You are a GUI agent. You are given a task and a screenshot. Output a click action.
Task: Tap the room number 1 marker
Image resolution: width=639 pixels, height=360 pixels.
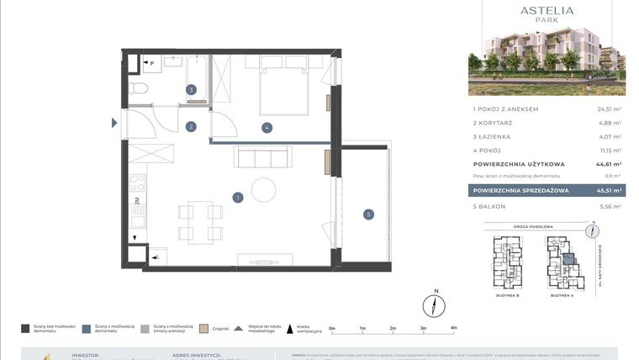(x=238, y=198)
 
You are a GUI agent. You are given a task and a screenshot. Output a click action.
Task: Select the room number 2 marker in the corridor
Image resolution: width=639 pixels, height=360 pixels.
(x=191, y=127)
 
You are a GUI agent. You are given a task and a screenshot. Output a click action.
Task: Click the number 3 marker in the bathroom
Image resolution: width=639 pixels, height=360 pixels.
(x=191, y=89)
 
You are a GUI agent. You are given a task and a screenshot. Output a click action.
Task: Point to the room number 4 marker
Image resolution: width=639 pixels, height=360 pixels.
(x=266, y=128)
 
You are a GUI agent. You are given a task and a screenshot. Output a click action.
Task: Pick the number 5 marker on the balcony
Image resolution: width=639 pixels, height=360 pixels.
(x=367, y=214)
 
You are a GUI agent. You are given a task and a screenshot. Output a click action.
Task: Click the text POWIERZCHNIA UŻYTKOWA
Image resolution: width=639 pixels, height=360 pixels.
(x=519, y=164)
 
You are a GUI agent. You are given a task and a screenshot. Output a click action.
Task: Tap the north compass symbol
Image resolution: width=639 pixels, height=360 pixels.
(x=436, y=304)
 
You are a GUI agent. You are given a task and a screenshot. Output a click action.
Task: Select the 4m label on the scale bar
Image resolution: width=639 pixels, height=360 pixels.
(x=453, y=328)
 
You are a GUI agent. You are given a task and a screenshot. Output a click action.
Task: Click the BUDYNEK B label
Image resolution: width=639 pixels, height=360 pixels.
(x=506, y=296)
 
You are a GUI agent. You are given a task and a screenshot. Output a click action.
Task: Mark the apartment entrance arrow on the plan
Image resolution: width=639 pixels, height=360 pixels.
(x=115, y=124)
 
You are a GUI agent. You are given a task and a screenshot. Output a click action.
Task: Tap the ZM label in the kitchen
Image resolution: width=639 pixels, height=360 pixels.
(x=135, y=201)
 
